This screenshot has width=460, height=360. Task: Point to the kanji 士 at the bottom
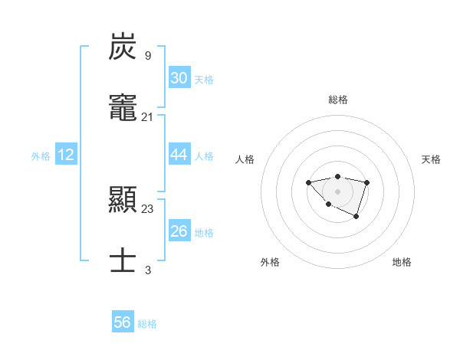123,260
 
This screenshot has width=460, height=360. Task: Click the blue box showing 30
179,78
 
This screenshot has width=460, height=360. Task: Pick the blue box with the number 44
179,155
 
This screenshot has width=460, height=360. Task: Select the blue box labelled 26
179,231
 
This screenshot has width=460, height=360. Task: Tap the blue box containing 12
66,155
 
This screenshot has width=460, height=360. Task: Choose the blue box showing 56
123,322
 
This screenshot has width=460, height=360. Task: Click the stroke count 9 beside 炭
148,56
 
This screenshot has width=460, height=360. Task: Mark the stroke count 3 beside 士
148,270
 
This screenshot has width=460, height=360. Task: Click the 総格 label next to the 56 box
147,324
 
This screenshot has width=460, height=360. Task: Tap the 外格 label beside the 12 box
41,156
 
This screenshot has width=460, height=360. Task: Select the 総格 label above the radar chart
337,100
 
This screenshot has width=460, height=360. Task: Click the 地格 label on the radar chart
402,262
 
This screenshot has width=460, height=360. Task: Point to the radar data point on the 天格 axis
367,182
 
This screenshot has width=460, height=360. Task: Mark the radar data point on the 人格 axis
308,182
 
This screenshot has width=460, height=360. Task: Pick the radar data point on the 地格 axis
356,218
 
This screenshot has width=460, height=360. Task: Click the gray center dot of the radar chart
337,191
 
